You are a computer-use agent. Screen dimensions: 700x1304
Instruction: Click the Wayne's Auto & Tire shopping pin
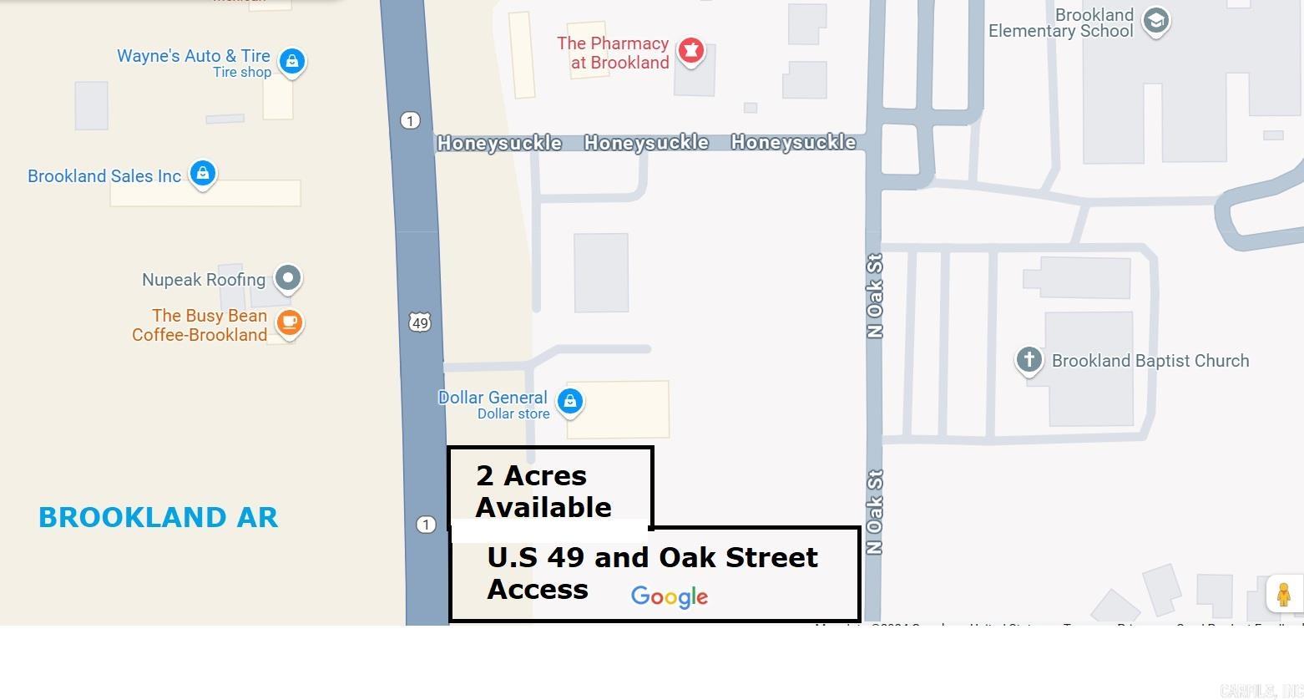[291, 61]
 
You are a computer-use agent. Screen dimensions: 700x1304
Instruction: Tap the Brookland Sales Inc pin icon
[202, 173]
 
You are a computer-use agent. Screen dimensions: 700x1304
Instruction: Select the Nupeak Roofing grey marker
[288, 277]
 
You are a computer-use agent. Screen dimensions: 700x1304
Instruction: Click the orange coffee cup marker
[289, 322]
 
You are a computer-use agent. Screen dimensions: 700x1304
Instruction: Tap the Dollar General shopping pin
[570, 401]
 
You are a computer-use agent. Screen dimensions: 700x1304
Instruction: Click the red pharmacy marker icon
[690, 50]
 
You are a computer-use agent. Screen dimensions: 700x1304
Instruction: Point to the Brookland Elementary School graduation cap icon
[1156, 20]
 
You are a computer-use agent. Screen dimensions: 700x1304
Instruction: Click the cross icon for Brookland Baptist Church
[1029, 360]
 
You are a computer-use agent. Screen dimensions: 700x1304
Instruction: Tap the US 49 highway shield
[420, 322]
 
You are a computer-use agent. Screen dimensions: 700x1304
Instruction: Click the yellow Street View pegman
[1283, 594]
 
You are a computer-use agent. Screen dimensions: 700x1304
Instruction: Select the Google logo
[670, 596]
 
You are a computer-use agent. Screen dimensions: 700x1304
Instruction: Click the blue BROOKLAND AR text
[159, 517]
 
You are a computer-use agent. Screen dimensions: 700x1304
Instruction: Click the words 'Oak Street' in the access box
[738, 557]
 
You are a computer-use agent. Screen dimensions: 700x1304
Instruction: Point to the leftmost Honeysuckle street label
[499, 143]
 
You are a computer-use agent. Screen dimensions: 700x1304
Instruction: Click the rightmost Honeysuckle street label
[793, 142]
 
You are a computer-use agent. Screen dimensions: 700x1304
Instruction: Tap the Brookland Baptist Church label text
[1150, 361]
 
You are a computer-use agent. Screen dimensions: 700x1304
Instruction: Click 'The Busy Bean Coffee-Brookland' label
[200, 325]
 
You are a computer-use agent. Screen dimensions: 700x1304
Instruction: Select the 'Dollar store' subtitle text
[513, 413]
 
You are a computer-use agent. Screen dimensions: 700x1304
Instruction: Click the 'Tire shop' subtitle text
[242, 73]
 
